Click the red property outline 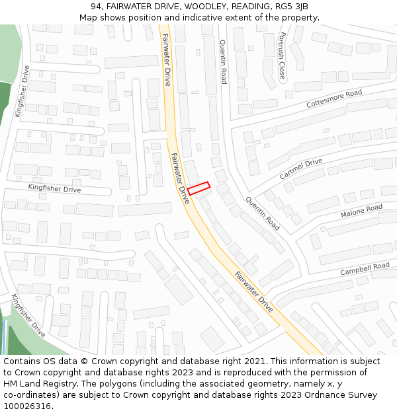click(x=198, y=188)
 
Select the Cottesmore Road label click(x=334, y=100)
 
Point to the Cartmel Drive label click(x=301, y=169)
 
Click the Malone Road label click(x=361, y=211)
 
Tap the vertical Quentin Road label click(x=223, y=61)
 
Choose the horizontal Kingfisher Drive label click(x=54, y=189)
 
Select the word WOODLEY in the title click(x=205, y=7)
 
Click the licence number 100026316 click(x=28, y=406)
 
